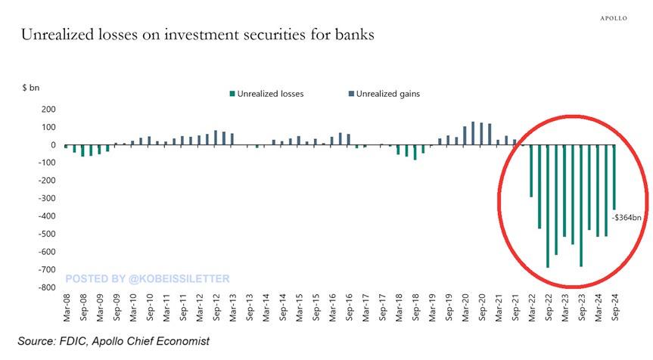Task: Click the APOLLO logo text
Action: (x=613, y=17)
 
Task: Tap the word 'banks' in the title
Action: (x=352, y=35)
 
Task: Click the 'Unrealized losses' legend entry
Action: (x=267, y=95)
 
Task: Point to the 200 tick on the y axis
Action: (x=48, y=109)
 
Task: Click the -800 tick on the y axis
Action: (x=47, y=287)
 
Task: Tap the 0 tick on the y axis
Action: (x=53, y=144)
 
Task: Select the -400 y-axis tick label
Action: (x=47, y=216)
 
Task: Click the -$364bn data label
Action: (x=627, y=218)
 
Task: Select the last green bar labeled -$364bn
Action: (x=614, y=177)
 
